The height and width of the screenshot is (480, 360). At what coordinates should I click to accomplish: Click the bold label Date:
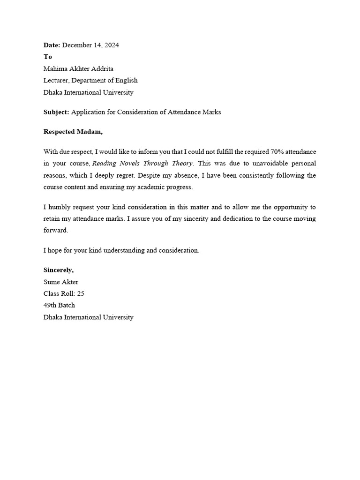[x=52, y=45]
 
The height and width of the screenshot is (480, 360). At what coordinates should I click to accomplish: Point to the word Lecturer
[x=56, y=80]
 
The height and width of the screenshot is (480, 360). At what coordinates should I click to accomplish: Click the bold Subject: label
[x=56, y=112]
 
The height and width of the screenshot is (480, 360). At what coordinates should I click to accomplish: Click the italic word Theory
[x=181, y=163]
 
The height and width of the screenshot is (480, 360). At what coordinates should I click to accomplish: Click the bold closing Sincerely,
[x=59, y=270]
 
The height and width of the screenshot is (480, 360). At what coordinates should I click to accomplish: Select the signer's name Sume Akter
[x=61, y=282]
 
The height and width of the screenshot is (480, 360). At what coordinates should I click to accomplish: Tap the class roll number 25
[x=81, y=293]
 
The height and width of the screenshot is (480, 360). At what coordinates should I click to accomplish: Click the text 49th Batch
[x=59, y=305]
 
